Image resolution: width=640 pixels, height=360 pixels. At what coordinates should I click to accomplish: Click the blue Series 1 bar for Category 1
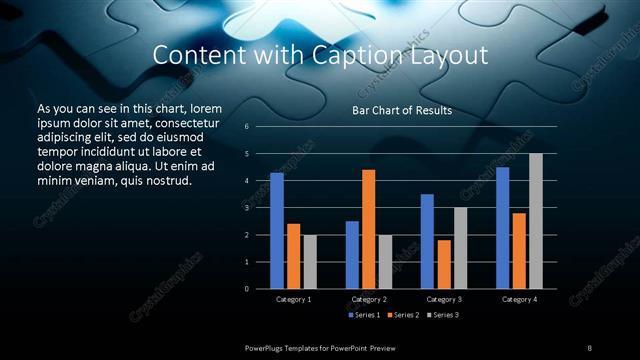pyautogui.click(x=277, y=231)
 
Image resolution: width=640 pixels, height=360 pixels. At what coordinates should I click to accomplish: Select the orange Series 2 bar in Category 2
pyautogui.click(x=368, y=229)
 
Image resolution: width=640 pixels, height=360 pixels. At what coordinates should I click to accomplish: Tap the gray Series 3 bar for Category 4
pyautogui.click(x=535, y=221)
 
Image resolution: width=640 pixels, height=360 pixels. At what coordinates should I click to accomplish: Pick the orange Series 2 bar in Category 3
pyautogui.click(x=444, y=264)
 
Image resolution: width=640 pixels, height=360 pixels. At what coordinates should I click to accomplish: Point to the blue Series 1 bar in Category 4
pyautogui.click(x=502, y=228)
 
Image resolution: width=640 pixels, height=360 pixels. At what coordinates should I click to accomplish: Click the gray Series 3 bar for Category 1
pyautogui.click(x=309, y=262)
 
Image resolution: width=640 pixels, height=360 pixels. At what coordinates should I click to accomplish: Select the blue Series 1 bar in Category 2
pyautogui.click(x=352, y=255)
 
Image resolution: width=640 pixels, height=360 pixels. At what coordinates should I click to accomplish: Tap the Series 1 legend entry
pyautogui.click(x=364, y=315)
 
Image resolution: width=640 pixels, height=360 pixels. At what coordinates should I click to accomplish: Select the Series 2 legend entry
pyautogui.click(x=403, y=315)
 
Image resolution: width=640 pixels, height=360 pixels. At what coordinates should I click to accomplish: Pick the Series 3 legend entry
pyautogui.click(x=442, y=315)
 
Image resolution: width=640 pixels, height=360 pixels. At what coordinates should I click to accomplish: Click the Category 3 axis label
pyautogui.click(x=444, y=299)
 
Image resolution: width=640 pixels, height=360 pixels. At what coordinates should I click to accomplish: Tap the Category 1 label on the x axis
pyautogui.click(x=293, y=299)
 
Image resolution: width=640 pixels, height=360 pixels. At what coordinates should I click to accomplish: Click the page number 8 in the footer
pyautogui.click(x=589, y=347)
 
